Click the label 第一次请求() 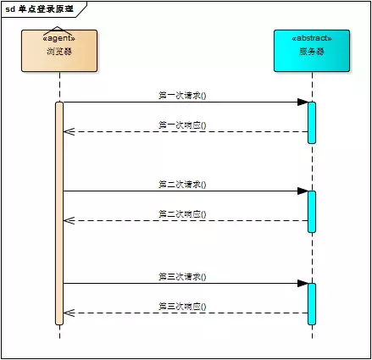(x=182, y=96)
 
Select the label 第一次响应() (x=182, y=125)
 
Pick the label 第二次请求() (x=182, y=184)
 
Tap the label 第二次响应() (x=182, y=213)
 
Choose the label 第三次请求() (x=182, y=276)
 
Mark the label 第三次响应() (x=182, y=306)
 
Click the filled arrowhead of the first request (x=302, y=102)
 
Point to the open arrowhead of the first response (x=69, y=131)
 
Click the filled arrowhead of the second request (x=302, y=191)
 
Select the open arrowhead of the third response (x=69, y=313)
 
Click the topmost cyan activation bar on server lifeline (x=312, y=122)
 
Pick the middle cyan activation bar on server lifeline (x=312, y=211)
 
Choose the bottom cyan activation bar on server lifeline (x=312, y=303)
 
